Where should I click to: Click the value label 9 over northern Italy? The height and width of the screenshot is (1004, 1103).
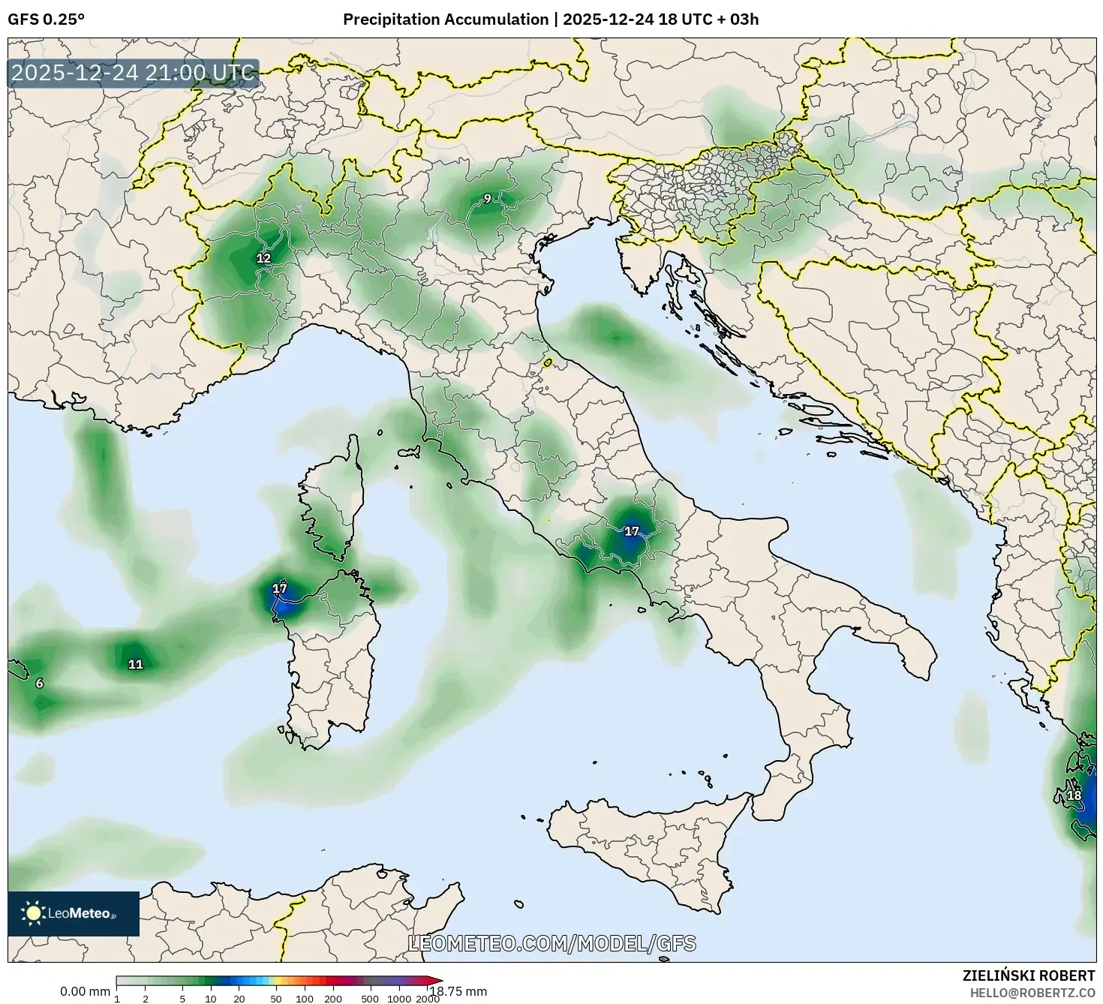pos(487,199)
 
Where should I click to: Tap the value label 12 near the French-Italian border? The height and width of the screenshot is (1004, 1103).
pos(263,258)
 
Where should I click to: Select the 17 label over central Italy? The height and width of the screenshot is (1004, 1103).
pos(632,531)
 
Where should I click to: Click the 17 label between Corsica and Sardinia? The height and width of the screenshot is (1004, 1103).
pos(280,588)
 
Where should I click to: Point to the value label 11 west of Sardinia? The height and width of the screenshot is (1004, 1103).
pos(135,664)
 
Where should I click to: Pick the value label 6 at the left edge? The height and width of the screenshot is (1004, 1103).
pos(40,683)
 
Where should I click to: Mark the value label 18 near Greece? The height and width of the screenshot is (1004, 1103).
pos(1074,795)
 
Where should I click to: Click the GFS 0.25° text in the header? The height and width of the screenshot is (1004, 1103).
pos(46,20)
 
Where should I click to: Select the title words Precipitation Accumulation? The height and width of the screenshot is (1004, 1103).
pos(445,20)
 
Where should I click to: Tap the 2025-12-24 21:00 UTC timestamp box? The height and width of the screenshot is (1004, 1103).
pos(134,74)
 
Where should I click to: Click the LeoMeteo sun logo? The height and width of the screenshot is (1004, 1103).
pos(34,913)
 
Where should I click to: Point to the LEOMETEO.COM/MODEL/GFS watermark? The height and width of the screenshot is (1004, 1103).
pos(551,943)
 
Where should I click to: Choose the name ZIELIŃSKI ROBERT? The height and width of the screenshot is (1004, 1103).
pos(1028,975)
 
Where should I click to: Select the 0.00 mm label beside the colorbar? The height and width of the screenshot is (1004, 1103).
pos(85,991)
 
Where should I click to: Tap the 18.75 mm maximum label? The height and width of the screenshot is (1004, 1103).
pos(458,991)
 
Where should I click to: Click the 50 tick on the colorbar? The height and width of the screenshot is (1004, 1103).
pos(276,999)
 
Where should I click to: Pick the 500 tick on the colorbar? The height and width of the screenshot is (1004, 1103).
pos(370,999)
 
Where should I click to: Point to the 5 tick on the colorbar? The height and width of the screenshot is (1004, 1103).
pos(182,999)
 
